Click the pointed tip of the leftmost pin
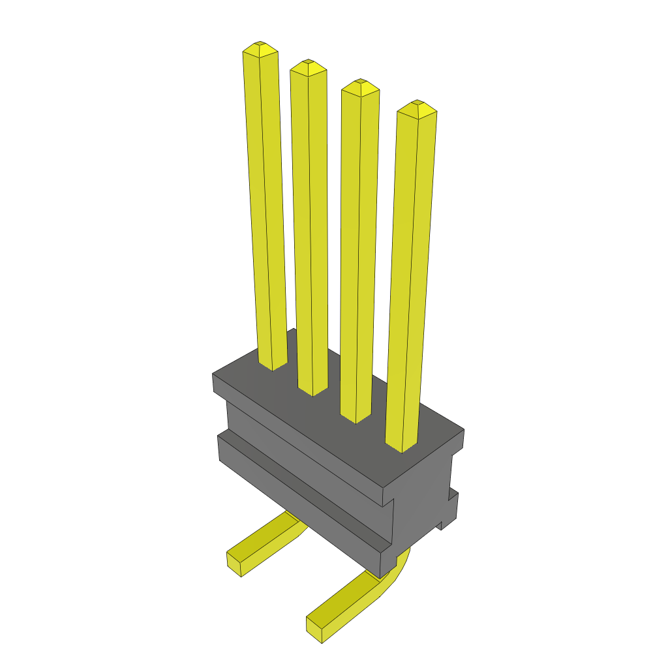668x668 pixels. (x=260, y=44)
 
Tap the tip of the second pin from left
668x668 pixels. (x=308, y=63)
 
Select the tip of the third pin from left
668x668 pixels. (x=360, y=83)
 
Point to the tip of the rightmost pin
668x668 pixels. (x=417, y=104)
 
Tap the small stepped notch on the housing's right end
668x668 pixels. (x=450, y=509)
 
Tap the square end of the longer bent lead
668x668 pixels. (x=316, y=629)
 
